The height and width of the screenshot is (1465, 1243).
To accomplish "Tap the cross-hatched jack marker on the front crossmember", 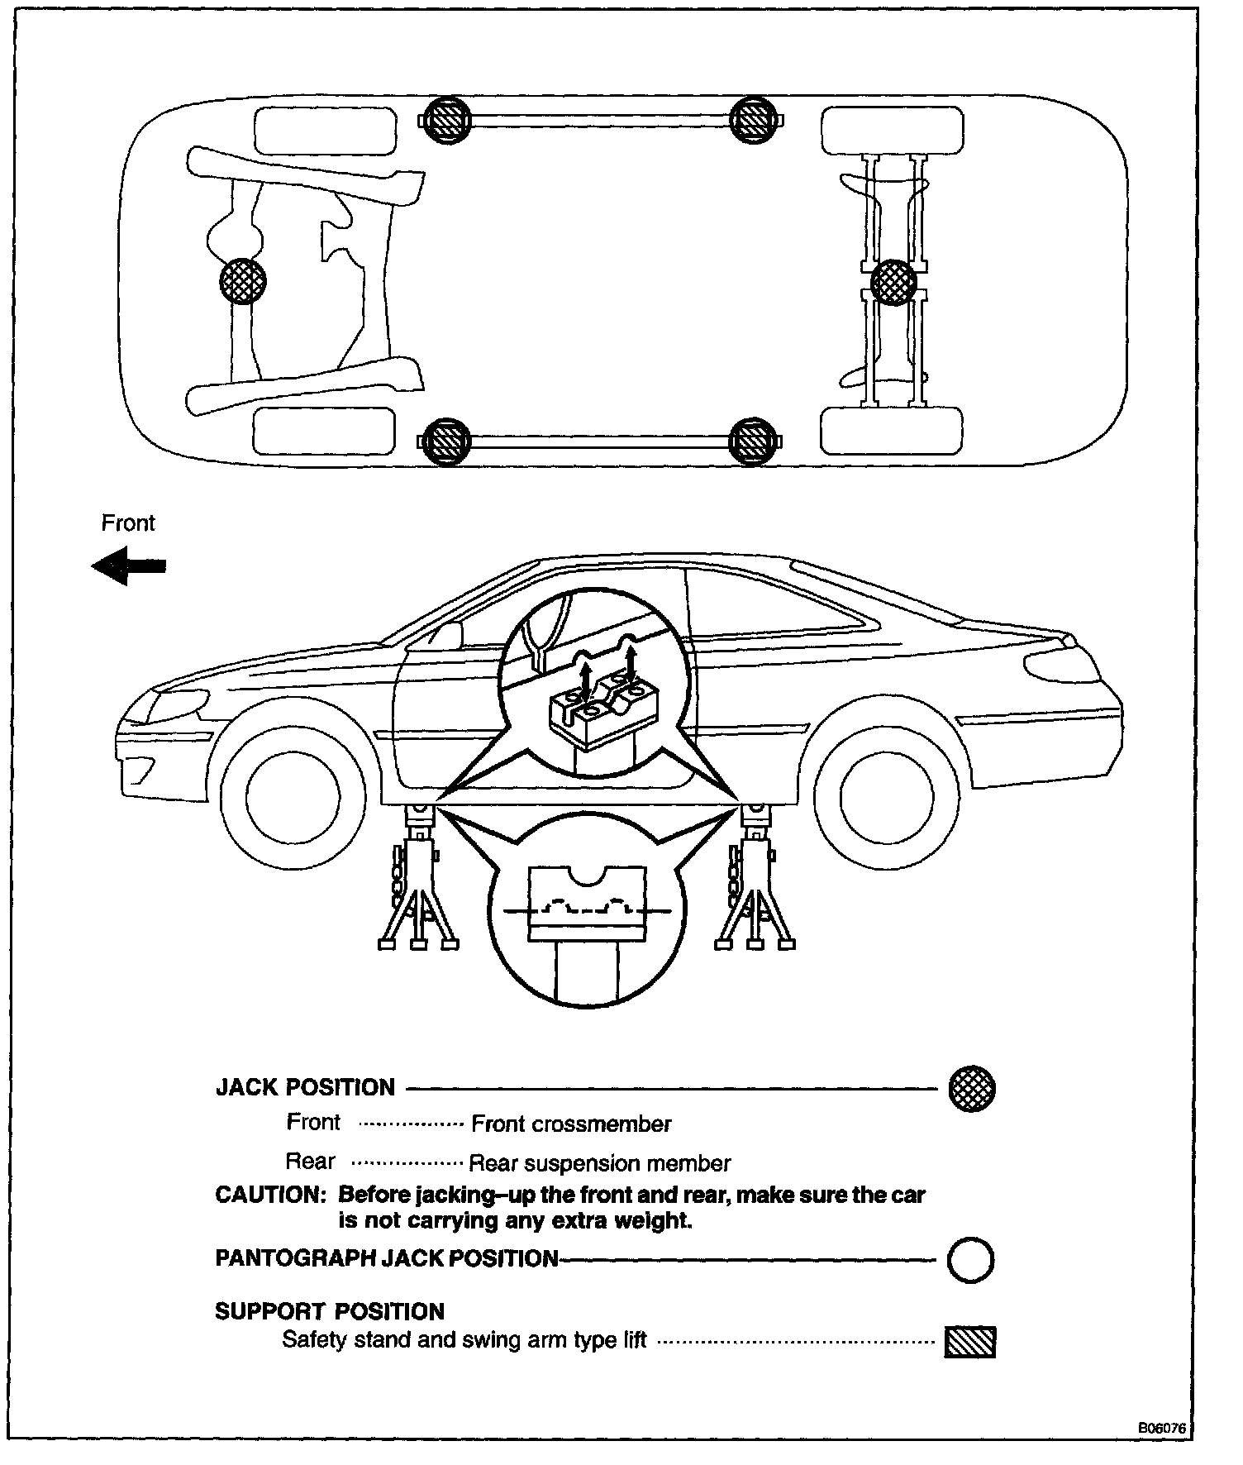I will point(243,280).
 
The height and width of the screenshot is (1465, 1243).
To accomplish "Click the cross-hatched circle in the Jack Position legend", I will point(972,1087).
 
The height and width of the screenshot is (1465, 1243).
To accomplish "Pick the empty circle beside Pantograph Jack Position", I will point(971,1260).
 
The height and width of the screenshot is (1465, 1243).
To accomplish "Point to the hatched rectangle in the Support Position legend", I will point(970,1342).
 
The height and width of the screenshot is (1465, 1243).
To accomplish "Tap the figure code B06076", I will point(1162,1428).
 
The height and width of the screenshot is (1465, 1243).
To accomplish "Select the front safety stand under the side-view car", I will point(418,885).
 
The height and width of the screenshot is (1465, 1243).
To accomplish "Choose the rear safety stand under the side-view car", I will point(755,885).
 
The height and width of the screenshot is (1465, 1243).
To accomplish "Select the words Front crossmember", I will point(571,1124).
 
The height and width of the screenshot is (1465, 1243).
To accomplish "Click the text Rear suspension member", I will point(599,1164).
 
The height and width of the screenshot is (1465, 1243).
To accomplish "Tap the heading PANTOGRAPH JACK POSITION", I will point(387,1258).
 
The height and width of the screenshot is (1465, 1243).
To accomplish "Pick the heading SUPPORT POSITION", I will point(330,1311).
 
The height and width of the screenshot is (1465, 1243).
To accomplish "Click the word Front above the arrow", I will point(128,523).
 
